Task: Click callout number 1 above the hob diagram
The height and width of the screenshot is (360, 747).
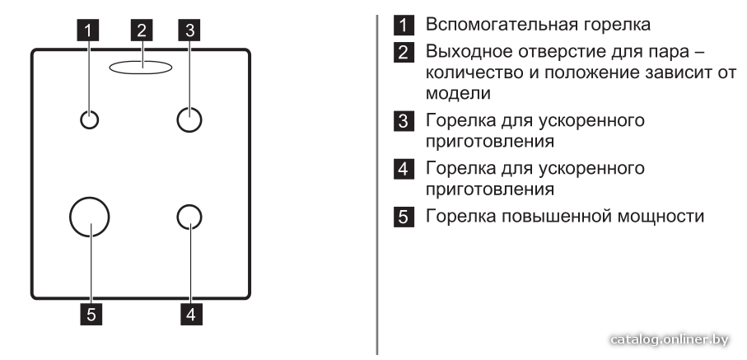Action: coord(87,30)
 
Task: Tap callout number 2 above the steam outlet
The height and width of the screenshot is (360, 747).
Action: coord(142,30)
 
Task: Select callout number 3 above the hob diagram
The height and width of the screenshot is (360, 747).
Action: coord(189,30)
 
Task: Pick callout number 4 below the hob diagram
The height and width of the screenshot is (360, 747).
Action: coord(191,314)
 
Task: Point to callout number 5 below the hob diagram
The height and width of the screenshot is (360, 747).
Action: coord(91,314)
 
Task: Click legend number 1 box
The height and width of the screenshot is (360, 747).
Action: coord(404,25)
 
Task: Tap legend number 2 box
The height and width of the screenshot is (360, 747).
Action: coord(404,53)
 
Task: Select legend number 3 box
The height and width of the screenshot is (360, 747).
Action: coord(404,120)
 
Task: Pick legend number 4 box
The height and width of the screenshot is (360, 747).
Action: coord(404,169)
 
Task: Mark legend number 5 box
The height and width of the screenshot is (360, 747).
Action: coord(404,217)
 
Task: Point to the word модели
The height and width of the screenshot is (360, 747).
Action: coord(458,93)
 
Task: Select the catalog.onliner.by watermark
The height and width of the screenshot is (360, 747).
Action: coord(670,339)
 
